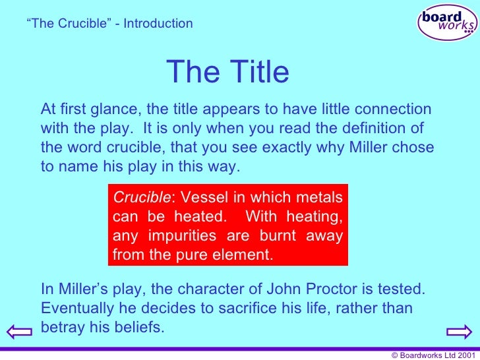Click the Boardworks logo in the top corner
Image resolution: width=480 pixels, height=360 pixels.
point(447,22)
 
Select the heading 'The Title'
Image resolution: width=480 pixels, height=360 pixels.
point(227,73)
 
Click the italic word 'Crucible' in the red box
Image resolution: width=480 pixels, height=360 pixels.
point(135,198)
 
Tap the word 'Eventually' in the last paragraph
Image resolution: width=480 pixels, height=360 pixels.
point(72,308)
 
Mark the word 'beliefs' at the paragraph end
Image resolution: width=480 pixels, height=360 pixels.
point(139,326)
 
